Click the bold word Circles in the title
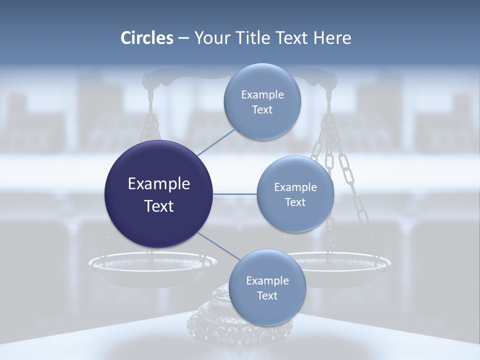point(147,38)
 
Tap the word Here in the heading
point(332,38)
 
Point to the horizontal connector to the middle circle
point(235,194)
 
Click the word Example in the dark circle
point(159,184)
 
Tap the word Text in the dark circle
point(159,206)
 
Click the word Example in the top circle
point(262,95)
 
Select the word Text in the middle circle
point(295,202)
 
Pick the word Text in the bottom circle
point(267,296)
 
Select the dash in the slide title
point(183,38)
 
